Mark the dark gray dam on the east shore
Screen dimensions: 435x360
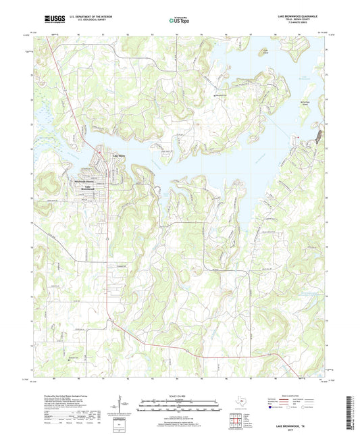tap(316, 139)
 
